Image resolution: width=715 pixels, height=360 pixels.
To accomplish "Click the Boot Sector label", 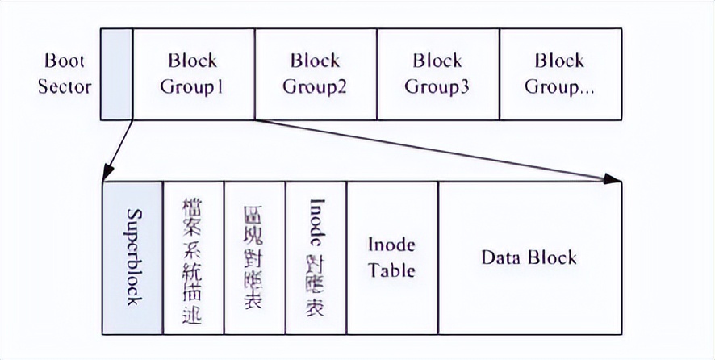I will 64,73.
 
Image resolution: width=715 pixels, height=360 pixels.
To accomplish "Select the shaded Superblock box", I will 132,257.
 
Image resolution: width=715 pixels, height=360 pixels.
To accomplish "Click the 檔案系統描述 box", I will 193,257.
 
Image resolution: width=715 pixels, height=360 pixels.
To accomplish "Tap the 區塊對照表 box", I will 254,257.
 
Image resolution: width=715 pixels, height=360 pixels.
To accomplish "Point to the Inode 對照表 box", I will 316,257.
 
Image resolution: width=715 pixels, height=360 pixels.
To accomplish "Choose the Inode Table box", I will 391,257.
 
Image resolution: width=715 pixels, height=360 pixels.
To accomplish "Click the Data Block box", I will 529,257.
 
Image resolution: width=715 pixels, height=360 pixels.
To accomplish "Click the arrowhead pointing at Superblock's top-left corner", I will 107,176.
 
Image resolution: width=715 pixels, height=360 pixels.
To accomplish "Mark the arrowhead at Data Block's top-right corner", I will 615,178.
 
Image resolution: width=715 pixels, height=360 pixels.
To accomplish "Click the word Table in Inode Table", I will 391,270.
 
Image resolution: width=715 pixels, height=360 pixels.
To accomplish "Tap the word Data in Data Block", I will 501,257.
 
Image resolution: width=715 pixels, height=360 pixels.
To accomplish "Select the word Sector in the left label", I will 64,86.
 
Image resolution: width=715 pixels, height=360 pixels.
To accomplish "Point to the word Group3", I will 437,86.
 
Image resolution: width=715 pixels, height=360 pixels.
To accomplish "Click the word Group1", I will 193,86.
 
